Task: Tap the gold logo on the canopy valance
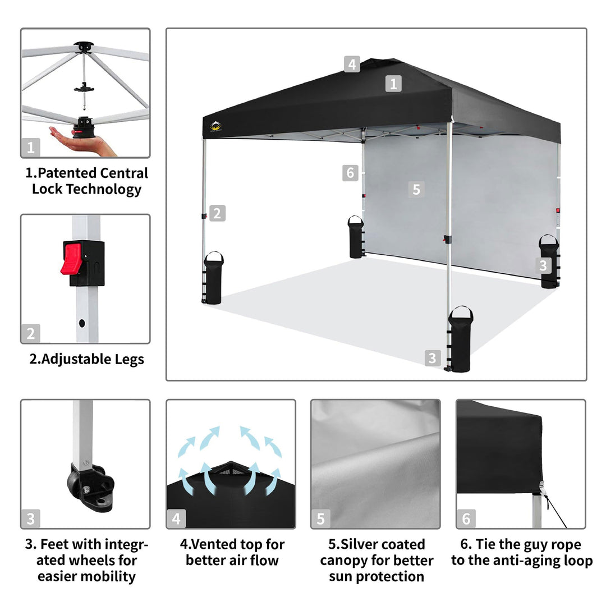(x=215, y=126)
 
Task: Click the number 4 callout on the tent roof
(x=352, y=64)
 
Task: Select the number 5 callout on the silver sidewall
(x=416, y=190)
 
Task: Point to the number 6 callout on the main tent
(x=350, y=173)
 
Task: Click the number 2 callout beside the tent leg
(x=217, y=213)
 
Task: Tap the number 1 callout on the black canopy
(x=393, y=84)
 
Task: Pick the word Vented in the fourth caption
(x=214, y=544)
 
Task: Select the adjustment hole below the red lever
(x=82, y=323)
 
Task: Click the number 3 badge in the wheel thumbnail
(x=30, y=518)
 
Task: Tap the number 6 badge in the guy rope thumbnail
(x=466, y=518)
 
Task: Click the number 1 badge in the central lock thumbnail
(x=30, y=147)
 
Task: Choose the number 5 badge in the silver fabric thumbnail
(x=321, y=518)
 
